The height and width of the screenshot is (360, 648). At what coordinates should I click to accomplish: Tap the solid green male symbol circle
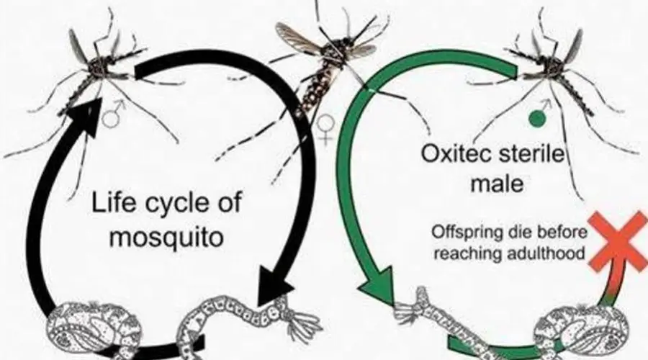click(x=537, y=119)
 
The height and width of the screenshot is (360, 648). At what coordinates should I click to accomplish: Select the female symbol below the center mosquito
click(x=325, y=128)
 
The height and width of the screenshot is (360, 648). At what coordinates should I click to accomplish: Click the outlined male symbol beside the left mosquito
click(x=113, y=114)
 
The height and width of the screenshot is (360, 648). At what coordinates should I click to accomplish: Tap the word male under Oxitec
click(x=497, y=183)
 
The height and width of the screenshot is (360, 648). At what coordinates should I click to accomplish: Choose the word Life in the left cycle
click(x=112, y=203)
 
